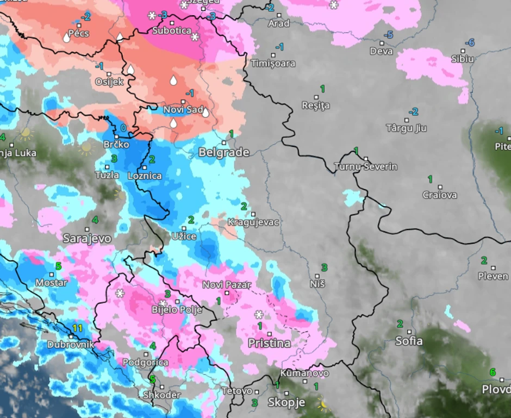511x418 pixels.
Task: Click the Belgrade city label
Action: (223, 152)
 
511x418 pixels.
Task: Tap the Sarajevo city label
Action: (87, 238)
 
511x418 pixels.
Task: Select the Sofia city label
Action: (409, 341)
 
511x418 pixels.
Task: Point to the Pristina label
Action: (269, 343)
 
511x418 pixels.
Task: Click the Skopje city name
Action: (286, 403)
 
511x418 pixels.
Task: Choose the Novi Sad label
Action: (183, 110)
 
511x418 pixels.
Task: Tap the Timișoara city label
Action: (273, 64)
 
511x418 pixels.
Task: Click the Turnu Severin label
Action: (365, 166)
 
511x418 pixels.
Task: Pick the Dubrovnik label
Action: (71, 345)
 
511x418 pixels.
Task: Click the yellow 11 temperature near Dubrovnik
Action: (77, 328)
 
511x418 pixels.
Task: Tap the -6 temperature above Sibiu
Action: (470, 42)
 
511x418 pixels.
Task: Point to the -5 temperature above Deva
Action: (388, 35)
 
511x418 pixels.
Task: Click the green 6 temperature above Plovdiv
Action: (493, 372)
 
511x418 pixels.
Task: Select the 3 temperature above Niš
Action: (325, 267)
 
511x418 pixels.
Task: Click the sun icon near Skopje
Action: (325, 404)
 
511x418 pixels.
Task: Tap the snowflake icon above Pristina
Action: (259, 315)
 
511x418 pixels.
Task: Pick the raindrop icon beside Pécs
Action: (66, 38)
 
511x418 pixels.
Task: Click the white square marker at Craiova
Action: (439, 186)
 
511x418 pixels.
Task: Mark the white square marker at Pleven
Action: (493, 268)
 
